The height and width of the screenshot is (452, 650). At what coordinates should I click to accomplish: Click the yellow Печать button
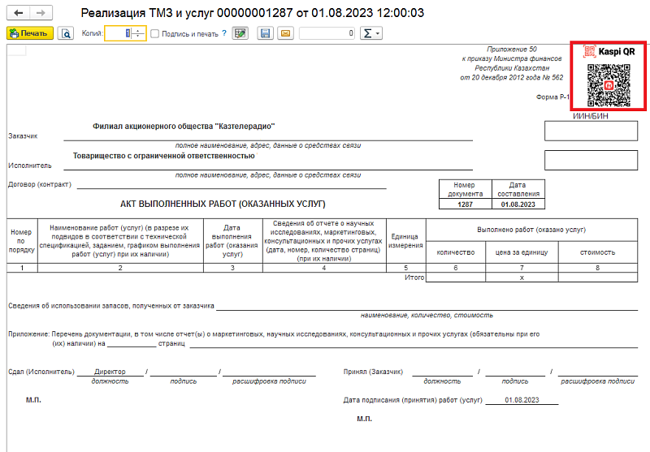coord(30,33)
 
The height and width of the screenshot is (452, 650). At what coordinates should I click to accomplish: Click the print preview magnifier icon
coord(66,33)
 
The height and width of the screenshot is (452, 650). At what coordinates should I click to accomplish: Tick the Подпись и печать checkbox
coord(156,33)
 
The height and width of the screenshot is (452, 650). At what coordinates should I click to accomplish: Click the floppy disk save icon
coord(265,33)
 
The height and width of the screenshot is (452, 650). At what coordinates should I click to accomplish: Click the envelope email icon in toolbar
coord(285,33)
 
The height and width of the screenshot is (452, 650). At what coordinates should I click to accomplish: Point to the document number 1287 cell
coord(465,204)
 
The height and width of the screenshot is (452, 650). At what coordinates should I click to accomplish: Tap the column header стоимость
coord(597,252)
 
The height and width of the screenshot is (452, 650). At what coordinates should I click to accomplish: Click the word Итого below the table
coord(414,278)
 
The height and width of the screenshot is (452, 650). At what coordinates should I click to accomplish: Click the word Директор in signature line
coord(110,372)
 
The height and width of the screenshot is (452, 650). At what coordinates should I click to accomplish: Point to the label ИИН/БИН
coord(569,116)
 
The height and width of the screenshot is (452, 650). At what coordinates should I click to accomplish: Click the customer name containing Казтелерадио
coord(184,127)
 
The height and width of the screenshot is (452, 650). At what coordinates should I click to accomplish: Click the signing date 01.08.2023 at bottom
coord(522,400)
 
